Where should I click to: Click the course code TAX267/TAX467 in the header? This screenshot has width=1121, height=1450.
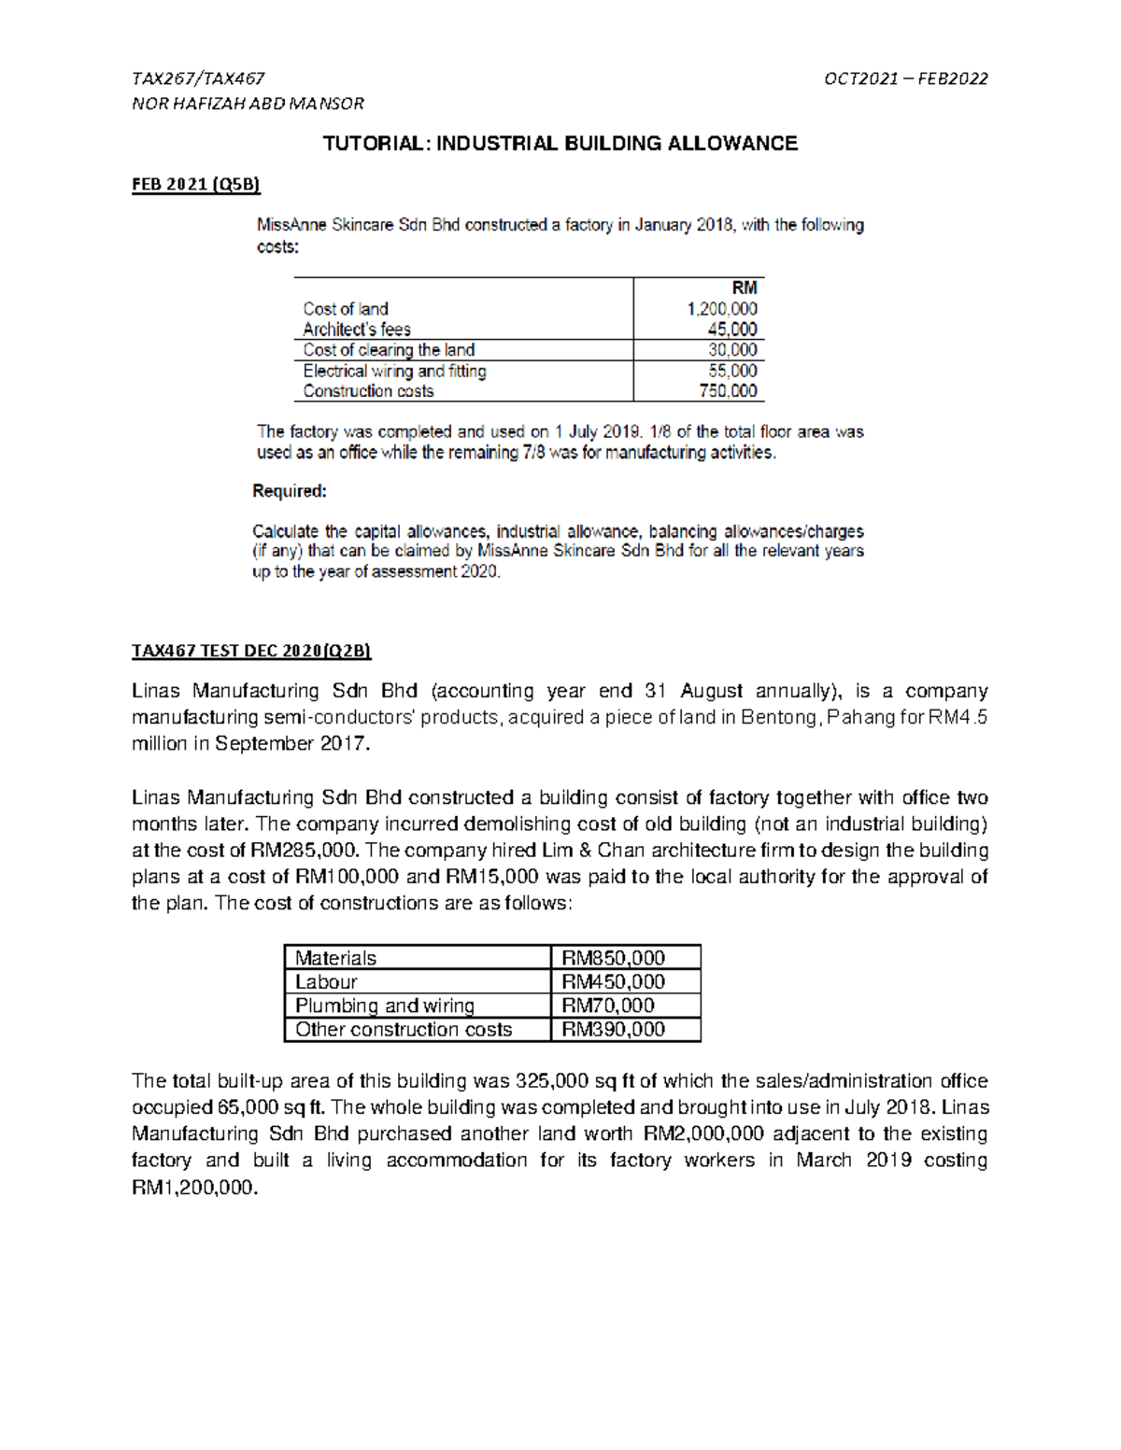tap(198, 78)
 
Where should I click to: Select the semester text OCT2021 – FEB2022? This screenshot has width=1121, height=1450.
tap(905, 78)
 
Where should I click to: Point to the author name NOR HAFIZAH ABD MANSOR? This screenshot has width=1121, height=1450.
tap(248, 103)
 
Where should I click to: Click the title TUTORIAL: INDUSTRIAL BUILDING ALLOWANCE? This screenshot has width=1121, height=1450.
tap(560, 144)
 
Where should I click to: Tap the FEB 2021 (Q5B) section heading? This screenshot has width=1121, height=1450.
tap(196, 184)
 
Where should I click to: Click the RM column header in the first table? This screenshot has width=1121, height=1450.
tap(745, 288)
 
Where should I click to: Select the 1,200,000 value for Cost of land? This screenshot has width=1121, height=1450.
tap(722, 309)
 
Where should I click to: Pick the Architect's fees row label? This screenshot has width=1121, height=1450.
tap(357, 330)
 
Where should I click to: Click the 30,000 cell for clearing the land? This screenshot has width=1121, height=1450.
tap(732, 350)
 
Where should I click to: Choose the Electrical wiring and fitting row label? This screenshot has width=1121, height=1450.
tap(394, 371)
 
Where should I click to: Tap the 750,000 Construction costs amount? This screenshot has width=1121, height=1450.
tap(728, 391)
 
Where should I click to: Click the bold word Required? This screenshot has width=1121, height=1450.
tap(290, 491)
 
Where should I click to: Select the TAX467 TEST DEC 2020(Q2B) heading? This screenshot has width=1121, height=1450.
tap(251, 651)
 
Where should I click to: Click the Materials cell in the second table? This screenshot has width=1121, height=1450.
tap(336, 958)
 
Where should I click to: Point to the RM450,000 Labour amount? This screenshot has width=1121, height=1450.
tap(613, 981)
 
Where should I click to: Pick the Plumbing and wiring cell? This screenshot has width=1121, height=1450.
tap(385, 1006)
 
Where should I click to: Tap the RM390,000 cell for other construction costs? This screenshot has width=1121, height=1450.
tap(613, 1029)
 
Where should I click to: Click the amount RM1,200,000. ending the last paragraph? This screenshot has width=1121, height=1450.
tap(193, 1188)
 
